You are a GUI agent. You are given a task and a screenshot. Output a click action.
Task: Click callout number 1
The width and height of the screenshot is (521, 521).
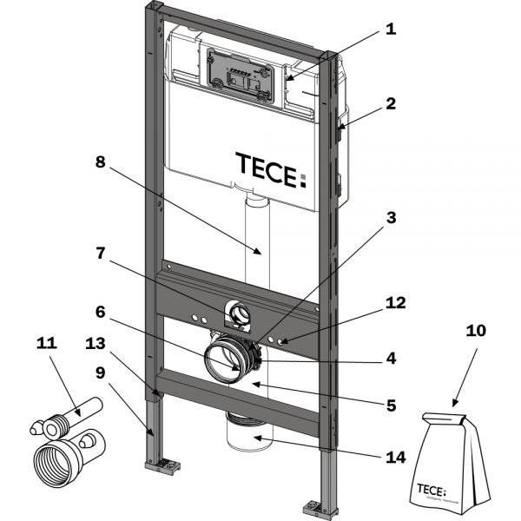391,28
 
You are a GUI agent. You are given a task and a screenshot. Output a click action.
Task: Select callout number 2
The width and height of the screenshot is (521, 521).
391,103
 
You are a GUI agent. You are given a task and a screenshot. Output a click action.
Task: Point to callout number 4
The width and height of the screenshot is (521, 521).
391,357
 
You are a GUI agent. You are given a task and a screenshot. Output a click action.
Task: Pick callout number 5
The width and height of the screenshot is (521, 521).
391,405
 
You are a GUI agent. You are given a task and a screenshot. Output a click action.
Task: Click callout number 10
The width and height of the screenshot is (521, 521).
477,331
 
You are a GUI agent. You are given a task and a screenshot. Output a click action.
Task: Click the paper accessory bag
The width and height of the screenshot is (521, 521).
451,460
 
